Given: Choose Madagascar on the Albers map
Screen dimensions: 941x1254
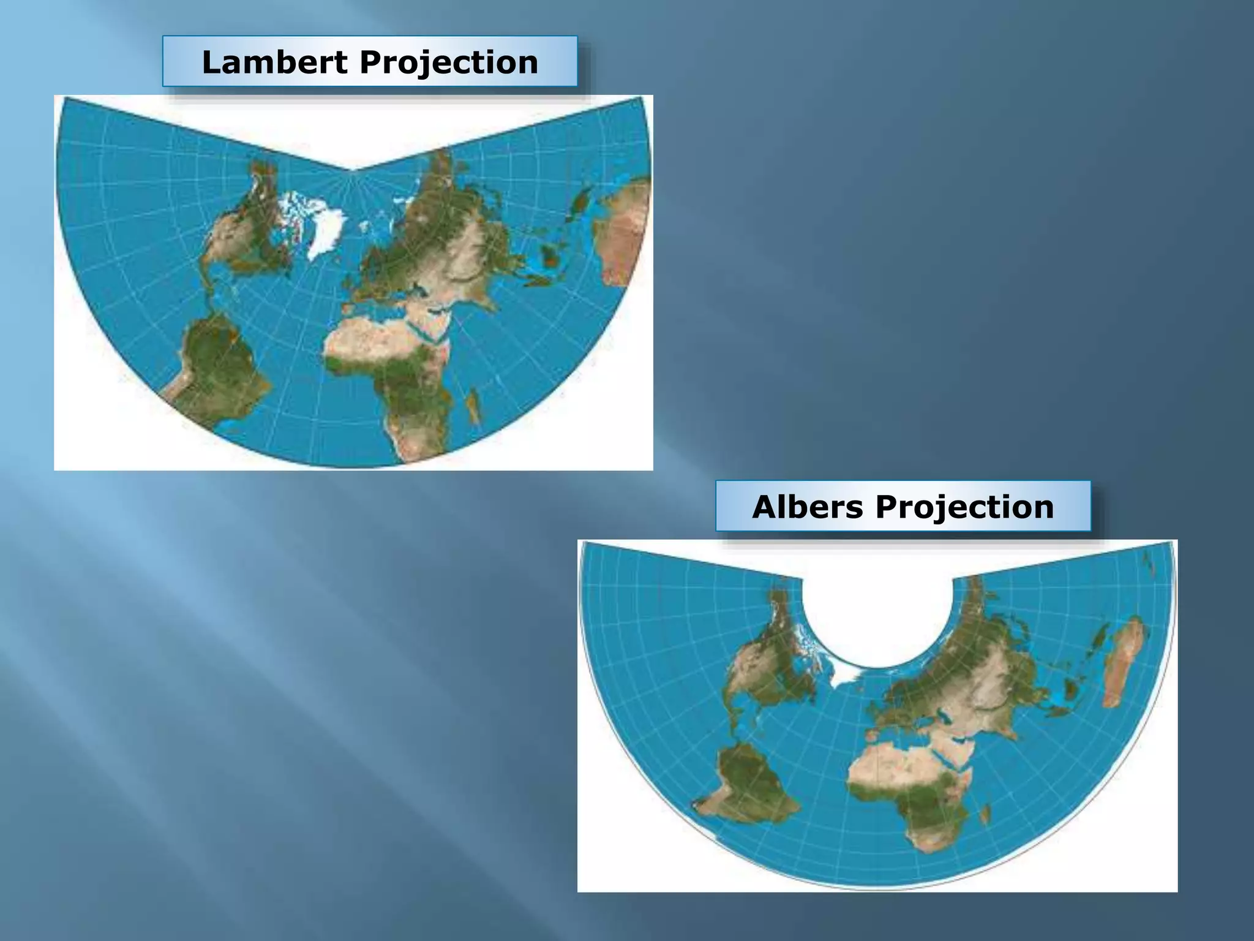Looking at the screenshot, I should [x=985, y=814].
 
